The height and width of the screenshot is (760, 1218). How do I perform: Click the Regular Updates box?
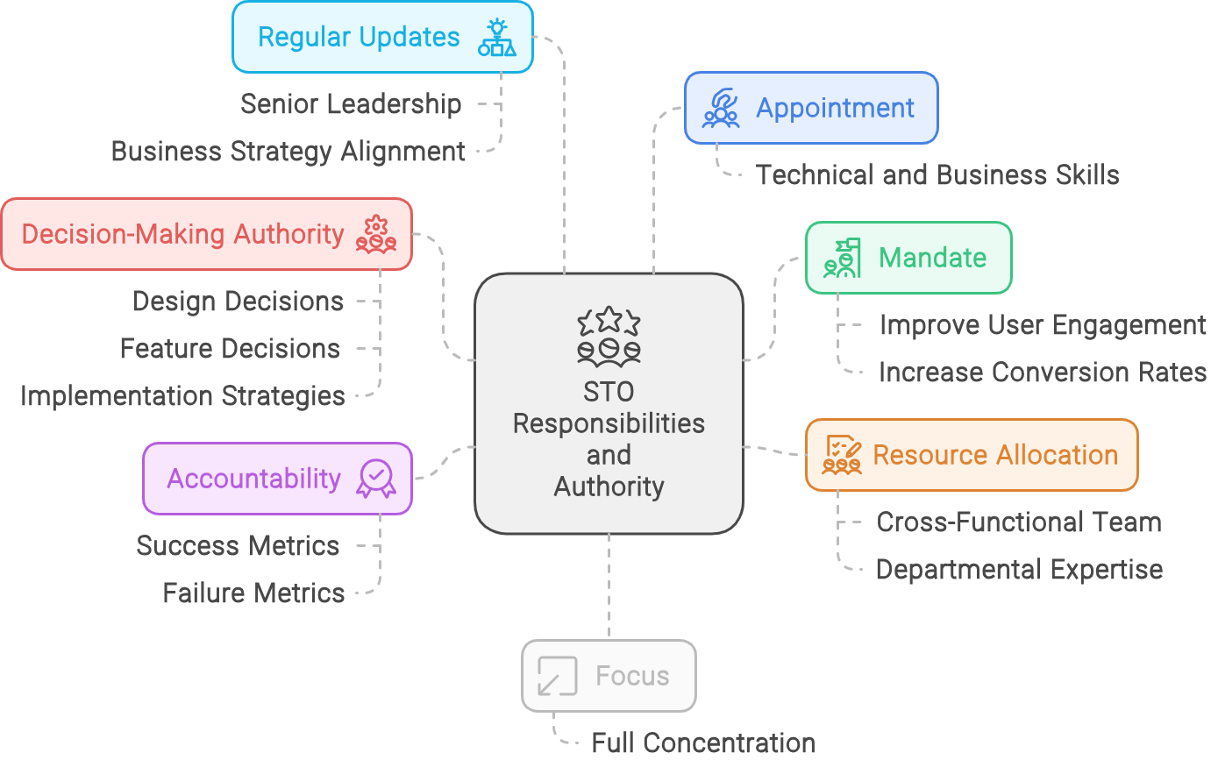tap(382, 37)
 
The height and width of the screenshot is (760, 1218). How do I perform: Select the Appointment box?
tap(811, 108)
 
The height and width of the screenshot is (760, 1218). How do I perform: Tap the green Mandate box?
tap(908, 258)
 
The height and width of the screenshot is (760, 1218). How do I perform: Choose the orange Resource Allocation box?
tap(972, 455)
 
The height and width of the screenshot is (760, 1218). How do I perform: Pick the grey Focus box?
tap(609, 676)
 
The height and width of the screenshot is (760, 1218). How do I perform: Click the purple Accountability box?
tap(277, 479)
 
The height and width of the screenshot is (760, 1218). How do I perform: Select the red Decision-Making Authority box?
tap(206, 234)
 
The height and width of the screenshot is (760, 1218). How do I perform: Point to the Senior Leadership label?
tap(351, 104)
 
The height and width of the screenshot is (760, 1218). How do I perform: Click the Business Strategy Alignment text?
tap(288, 152)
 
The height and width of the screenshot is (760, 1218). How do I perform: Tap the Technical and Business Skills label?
tap(937, 175)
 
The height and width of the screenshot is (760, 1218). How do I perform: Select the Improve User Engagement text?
tap(1043, 325)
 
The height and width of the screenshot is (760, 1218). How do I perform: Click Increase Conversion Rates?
tap(1043, 373)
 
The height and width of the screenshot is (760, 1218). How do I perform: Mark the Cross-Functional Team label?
tap(1019, 522)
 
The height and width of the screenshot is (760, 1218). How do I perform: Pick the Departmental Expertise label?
tap(1019, 570)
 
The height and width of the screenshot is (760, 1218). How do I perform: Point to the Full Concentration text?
tap(703, 743)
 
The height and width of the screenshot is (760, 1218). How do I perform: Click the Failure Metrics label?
tap(253, 593)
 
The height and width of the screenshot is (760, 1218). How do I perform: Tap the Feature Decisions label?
tap(230, 349)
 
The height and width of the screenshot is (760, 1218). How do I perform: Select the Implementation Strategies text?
tap(182, 396)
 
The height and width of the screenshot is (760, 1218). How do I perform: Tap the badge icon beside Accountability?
tap(376, 479)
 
